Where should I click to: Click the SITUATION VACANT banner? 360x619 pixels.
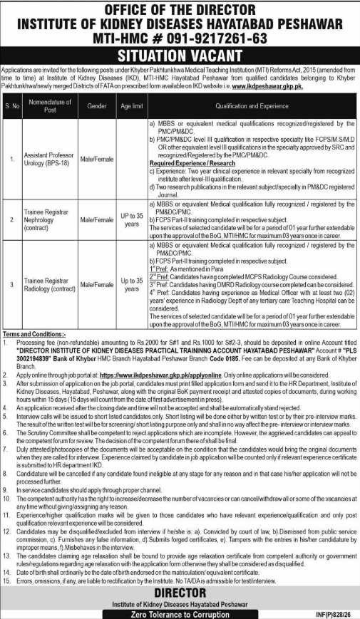pyautogui.click(x=180, y=56)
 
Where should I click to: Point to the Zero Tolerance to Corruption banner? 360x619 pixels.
pyautogui.click(x=180, y=611)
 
